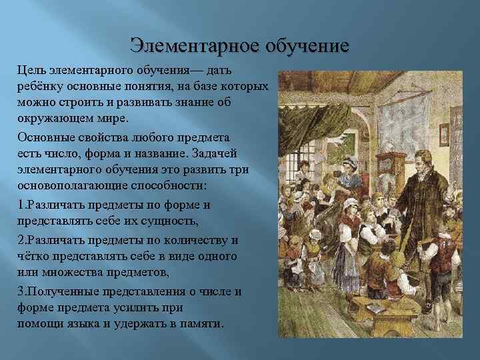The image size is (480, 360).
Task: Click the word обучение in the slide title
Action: (307, 46)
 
